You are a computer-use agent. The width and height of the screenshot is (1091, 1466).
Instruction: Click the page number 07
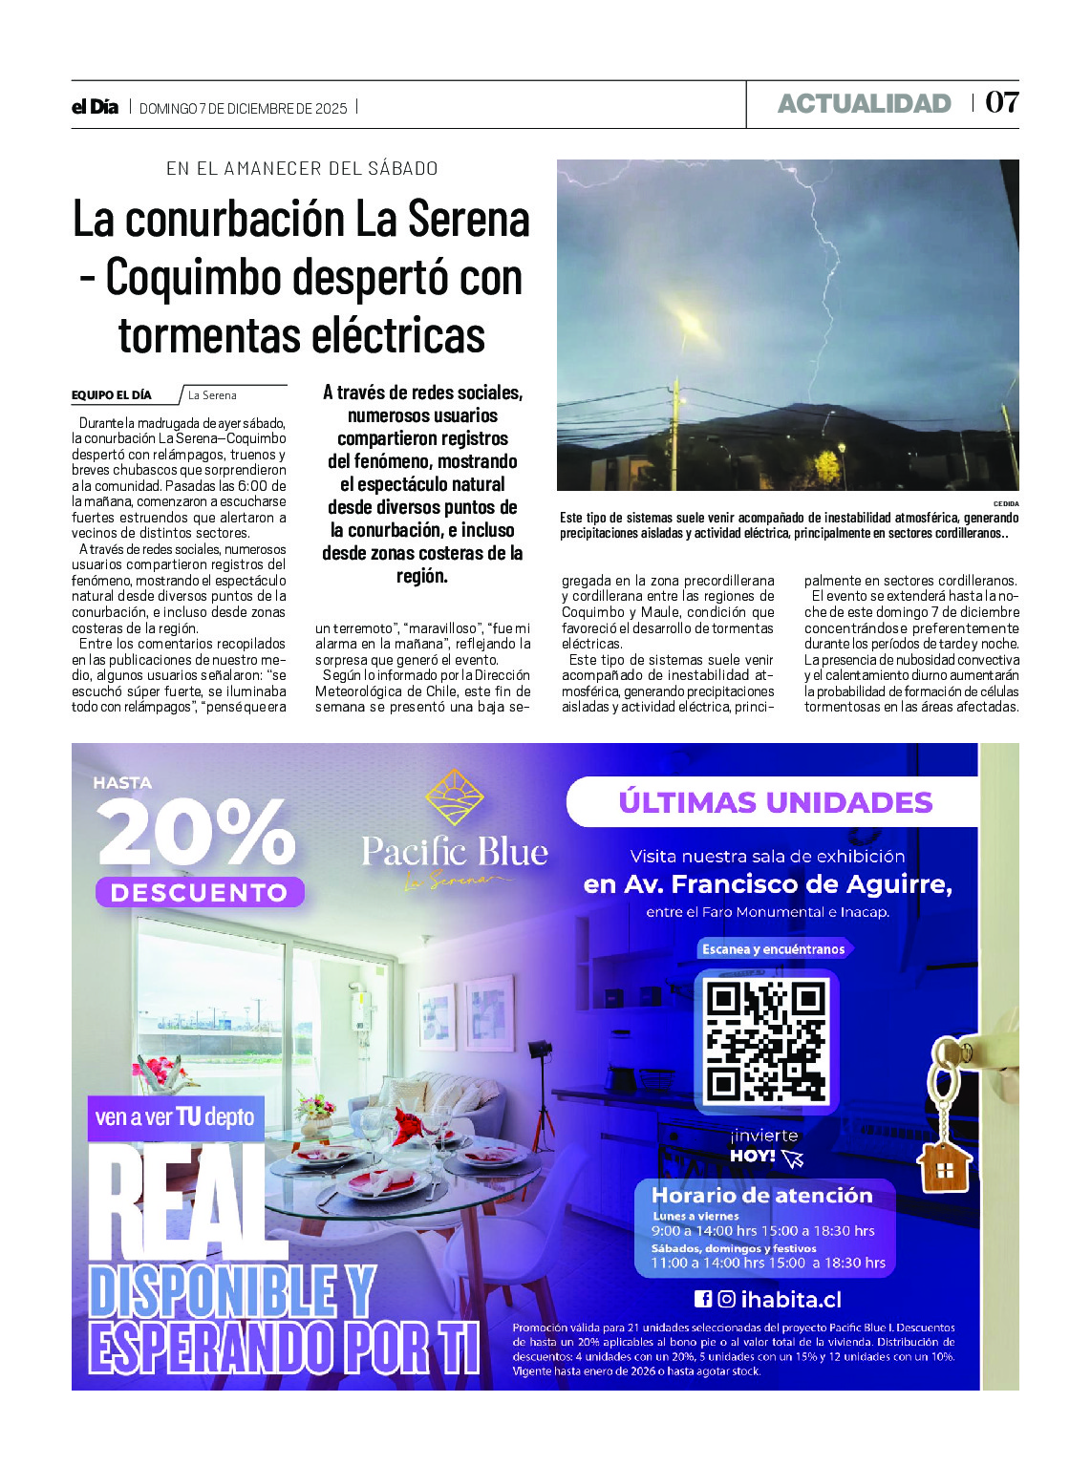[1001, 102]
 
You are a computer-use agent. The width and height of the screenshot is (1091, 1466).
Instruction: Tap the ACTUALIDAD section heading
[864, 103]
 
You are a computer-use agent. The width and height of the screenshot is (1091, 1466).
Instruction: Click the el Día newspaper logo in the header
[95, 107]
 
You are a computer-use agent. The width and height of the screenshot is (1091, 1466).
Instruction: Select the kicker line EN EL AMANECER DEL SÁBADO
[302, 168]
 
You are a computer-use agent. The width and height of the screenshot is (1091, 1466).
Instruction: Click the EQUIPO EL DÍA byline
[111, 395]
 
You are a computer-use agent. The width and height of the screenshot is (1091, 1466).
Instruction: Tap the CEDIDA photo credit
[1005, 503]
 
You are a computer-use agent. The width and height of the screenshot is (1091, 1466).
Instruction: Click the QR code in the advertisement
[766, 1041]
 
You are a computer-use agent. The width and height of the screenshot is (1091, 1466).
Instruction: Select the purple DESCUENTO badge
[199, 893]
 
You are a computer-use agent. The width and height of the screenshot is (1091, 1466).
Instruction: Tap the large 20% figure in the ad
[196, 833]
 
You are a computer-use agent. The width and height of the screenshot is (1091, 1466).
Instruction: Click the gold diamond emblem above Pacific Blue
[454, 797]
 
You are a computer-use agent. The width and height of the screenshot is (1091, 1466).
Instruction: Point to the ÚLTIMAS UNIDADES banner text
[775, 802]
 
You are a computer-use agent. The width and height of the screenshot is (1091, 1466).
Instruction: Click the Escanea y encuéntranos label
[773, 949]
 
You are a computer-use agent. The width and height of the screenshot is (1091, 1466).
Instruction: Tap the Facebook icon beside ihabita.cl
[702, 1299]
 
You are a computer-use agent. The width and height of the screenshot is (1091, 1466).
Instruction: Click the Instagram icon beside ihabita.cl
[726, 1299]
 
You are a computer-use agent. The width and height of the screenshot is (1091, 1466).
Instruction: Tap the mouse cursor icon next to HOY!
[792, 1158]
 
